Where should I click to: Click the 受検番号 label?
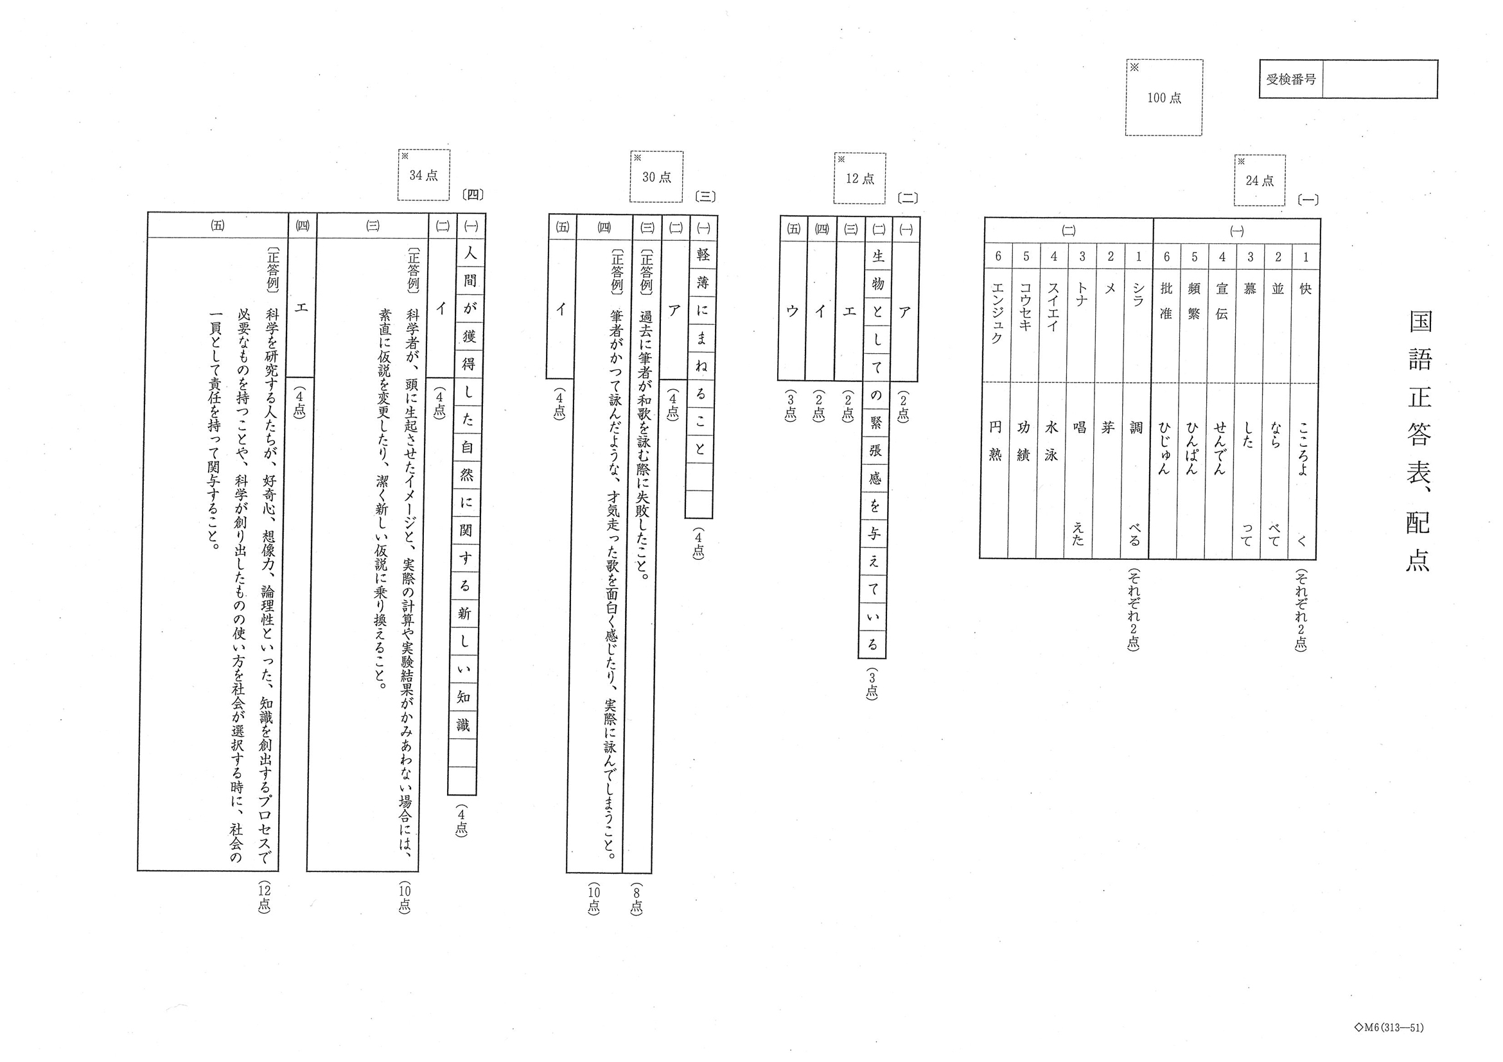coord(1290,79)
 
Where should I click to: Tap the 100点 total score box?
coord(1163,98)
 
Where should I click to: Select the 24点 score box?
coord(1260,180)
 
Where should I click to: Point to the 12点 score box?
coord(859,178)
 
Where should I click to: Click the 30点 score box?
coord(656,177)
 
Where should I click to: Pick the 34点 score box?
coord(423,175)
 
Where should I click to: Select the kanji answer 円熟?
coord(995,440)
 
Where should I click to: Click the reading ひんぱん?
coord(1192,448)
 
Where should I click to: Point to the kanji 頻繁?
coord(1194,301)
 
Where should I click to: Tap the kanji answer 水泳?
coord(1051,440)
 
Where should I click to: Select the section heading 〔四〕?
coord(472,195)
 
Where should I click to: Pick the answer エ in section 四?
coord(301,307)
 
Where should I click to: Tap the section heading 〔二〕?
coord(908,198)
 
